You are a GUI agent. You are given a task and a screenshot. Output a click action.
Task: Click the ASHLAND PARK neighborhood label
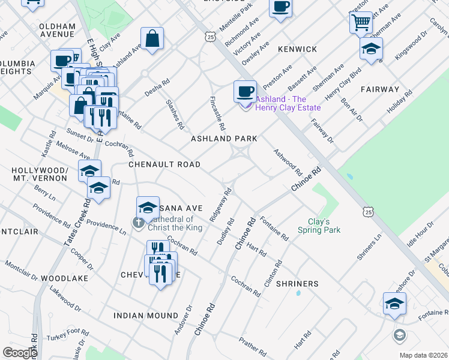coord(224,139)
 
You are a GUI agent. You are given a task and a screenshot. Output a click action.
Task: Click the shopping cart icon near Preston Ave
coord(361,23)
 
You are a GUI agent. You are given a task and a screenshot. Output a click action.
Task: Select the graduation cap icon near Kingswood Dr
coord(371,49)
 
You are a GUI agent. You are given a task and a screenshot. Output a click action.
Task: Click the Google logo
coord(20,353)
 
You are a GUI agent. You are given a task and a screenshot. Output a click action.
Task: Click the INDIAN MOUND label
coord(146,316)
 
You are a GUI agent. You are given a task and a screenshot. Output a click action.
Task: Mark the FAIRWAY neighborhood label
coord(380,89)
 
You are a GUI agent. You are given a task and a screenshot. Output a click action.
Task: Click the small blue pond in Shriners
coord(298,293)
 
